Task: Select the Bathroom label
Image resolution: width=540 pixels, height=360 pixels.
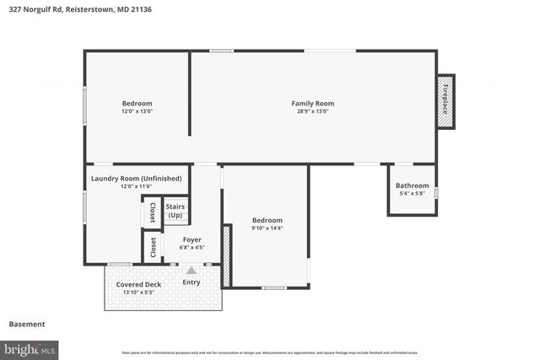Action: [x=412, y=185]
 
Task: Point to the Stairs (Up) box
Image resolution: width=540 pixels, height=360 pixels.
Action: [x=175, y=211]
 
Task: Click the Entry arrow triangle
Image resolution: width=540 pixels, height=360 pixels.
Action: [x=192, y=271]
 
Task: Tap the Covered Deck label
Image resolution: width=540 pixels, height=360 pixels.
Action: [x=138, y=284]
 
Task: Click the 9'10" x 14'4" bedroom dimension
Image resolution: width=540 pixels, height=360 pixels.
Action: [x=267, y=228]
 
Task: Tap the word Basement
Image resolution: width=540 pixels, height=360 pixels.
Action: [x=26, y=324]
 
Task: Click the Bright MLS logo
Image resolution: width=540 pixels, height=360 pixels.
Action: [x=30, y=347]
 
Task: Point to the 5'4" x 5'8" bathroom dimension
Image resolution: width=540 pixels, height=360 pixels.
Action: [x=412, y=194]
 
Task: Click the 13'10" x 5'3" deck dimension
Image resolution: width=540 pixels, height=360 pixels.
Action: [x=138, y=293]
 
